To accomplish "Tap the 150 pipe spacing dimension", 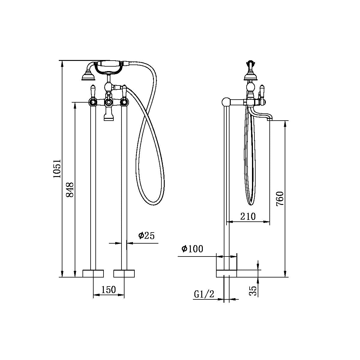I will pos(108,290).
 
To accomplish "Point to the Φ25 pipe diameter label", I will pos(146,236).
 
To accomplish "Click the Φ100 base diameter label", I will pos(192,249).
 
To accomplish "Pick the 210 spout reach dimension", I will pos(248,216).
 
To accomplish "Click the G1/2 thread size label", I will pos(204,295).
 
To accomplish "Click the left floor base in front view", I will pos(93,273).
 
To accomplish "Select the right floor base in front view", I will pos(124,273).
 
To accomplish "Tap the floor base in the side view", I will pos(226,273).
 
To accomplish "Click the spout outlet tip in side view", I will pos(269,119).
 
